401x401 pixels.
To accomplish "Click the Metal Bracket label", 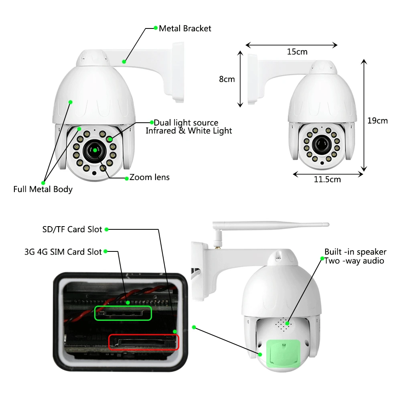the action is (x=185, y=28).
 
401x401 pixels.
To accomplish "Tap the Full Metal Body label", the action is (x=43, y=189).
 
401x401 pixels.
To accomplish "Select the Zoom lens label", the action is (x=149, y=177).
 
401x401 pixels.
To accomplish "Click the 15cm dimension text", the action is (x=297, y=52).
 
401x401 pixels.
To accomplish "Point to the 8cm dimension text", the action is (x=227, y=79).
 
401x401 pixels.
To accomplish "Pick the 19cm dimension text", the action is (x=377, y=120).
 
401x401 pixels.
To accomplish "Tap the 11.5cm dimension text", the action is (x=327, y=179).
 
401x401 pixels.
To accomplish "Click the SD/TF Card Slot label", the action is (x=72, y=229).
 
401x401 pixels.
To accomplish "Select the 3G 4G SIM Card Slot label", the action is (x=63, y=252).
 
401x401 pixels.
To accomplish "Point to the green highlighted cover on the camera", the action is (x=283, y=353).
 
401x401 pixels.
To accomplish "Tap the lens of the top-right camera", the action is (x=322, y=145).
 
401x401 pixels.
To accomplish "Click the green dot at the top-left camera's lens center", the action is (x=95, y=150).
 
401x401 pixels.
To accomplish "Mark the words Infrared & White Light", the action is (x=189, y=131).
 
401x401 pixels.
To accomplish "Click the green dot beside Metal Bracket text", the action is (x=156, y=28).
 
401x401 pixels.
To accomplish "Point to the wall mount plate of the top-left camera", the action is (x=178, y=72).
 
